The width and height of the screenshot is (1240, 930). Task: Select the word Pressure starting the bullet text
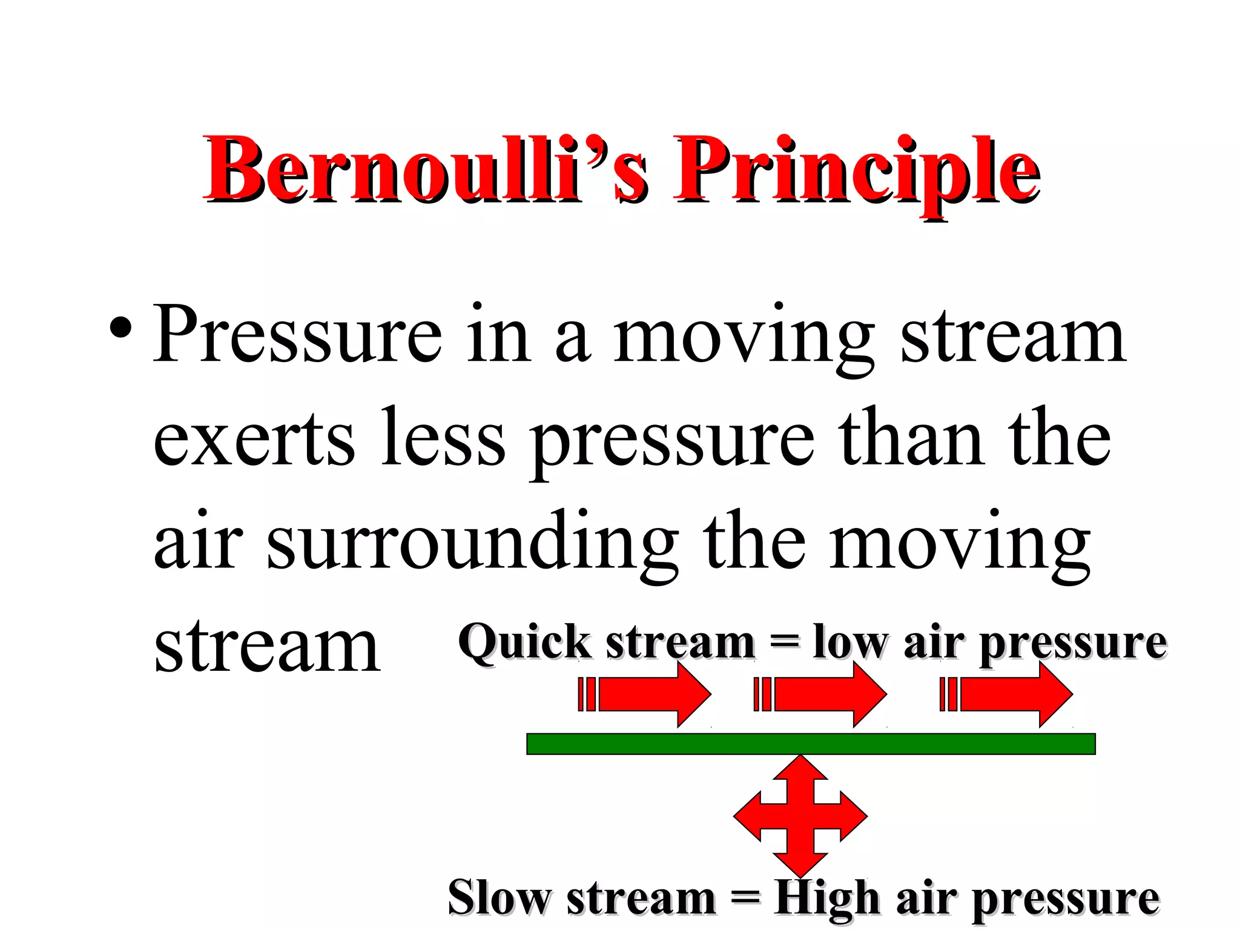pyautogui.click(x=297, y=335)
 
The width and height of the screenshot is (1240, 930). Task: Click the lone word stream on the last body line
pyautogui.click(x=266, y=648)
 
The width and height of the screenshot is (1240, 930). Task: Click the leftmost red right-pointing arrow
pyautogui.click(x=645, y=694)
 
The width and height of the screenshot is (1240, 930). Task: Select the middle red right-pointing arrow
pyautogui.click(x=820, y=694)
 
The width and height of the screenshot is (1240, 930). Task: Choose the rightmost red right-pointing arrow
pyautogui.click(x=1006, y=694)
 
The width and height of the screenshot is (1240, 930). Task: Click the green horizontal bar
pyautogui.click(x=811, y=744)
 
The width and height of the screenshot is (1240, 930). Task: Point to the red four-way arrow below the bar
pyautogui.click(x=800, y=816)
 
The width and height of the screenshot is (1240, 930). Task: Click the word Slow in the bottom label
pyautogui.click(x=500, y=898)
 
